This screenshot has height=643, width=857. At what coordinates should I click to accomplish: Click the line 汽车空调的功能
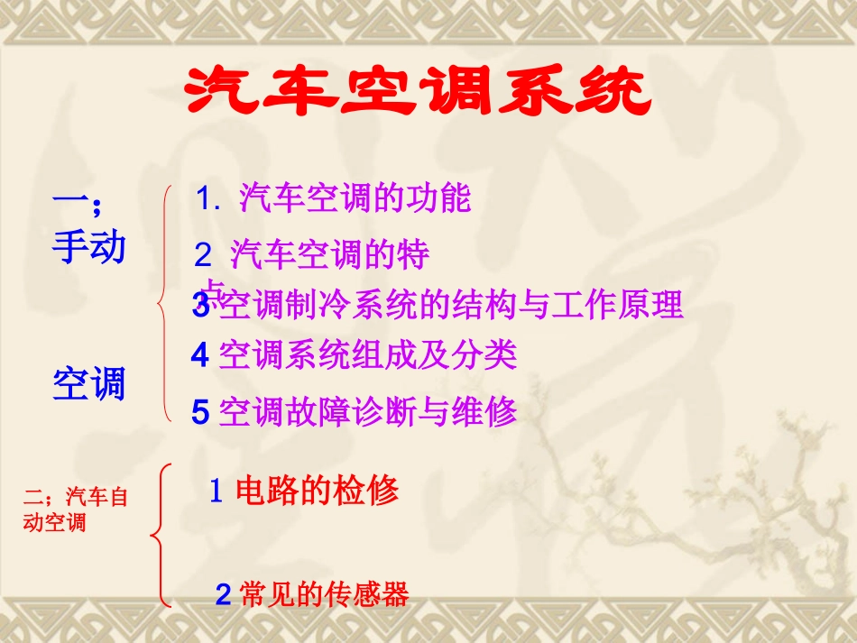[x=355, y=199]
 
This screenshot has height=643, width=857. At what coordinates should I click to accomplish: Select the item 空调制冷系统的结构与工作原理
[x=450, y=306]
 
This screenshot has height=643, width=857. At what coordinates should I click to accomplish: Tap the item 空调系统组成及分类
[x=367, y=355]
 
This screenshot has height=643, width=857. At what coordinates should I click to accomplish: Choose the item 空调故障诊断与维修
[x=367, y=411]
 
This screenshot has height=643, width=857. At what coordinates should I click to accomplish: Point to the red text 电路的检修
[x=317, y=491]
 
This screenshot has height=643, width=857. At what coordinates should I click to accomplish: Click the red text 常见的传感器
[x=325, y=594]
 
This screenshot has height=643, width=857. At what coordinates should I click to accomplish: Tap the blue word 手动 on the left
[x=88, y=247]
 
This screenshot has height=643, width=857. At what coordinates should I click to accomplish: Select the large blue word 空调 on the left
[x=88, y=385]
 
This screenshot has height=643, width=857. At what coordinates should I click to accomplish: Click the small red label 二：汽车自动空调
[x=76, y=509]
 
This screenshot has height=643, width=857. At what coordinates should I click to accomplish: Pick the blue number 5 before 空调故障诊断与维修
[x=200, y=412]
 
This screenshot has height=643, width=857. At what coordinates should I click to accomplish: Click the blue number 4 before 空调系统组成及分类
[x=200, y=356]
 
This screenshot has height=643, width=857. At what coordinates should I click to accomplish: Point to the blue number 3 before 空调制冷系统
[x=200, y=306]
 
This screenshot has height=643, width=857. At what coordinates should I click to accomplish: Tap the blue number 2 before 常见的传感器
[x=224, y=595]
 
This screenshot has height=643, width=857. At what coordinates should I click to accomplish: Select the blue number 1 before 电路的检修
[x=217, y=492]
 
